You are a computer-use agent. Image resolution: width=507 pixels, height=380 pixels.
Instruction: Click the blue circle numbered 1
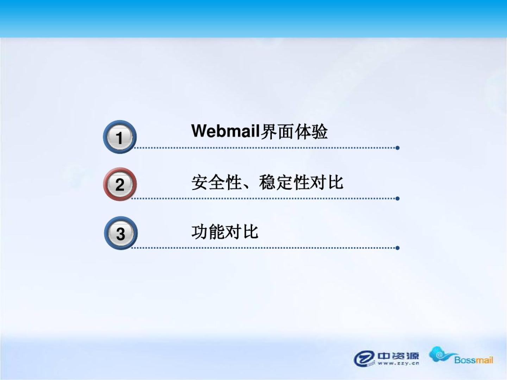pos(120,137)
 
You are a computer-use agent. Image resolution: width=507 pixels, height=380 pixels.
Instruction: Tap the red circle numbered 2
pos(120,184)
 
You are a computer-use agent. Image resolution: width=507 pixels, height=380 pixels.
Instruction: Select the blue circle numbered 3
pos(121,233)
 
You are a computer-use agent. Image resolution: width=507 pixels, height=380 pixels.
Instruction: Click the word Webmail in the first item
pos(226,131)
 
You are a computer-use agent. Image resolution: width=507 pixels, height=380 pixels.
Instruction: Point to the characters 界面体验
pos(294,132)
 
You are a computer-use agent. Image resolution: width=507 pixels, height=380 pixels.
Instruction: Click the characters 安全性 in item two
pos(217,182)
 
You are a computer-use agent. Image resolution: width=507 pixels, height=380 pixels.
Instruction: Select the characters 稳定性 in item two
pos(284,182)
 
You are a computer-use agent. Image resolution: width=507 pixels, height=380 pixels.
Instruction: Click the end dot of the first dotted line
pos(398,148)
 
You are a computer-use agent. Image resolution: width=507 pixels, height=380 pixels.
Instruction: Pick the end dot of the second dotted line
pos(398,198)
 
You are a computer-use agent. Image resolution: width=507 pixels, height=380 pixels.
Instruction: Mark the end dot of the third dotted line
pos(398,248)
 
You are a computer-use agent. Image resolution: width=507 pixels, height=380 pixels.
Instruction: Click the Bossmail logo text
pos(474,360)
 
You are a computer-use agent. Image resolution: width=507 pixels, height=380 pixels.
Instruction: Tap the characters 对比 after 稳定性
pos(326,182)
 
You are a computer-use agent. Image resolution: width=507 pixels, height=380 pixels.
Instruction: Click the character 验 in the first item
pos(319,132)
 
